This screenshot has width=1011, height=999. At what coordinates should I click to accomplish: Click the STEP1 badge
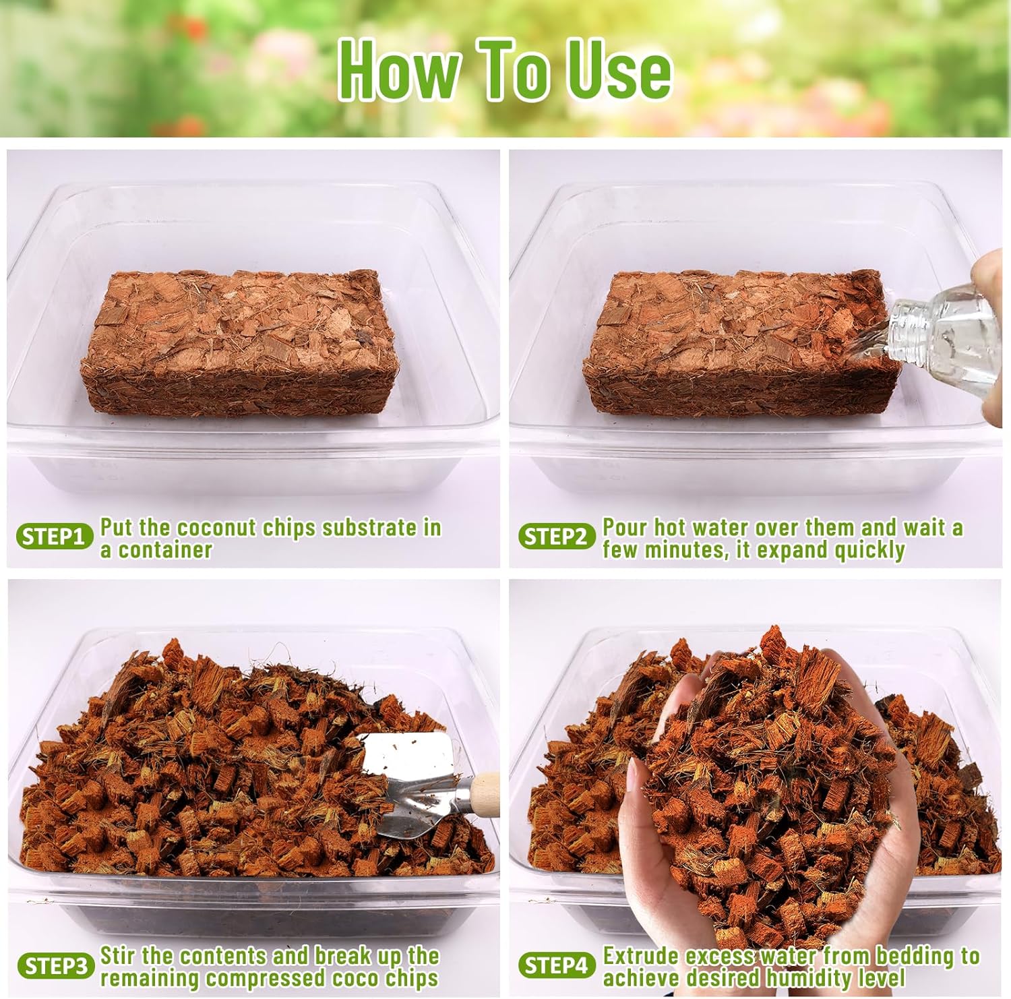pyautogui.click(x=55, y=537)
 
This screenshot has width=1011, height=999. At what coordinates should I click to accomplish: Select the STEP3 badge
pyautogui.click(x=55, y=966)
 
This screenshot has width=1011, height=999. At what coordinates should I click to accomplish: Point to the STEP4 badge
pyautogui.click(x=557, y=966)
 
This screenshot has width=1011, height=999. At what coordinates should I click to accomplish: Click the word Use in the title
pyautogui.click(x=618, y=70)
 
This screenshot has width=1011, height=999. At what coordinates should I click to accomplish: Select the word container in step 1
pyautogui.click(x=165, y=550)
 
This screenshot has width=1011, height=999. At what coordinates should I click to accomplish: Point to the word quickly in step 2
pyautogui.click(x=869, y=551)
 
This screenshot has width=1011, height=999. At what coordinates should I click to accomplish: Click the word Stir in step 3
pyautogui.click(x=119, y=956)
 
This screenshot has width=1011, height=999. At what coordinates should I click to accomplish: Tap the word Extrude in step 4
pyautogui.click(x=641, y=956)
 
